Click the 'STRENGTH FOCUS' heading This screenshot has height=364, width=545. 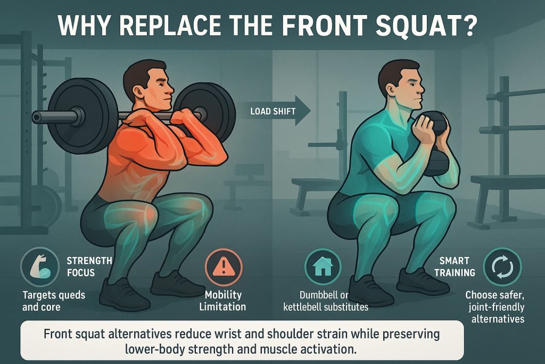89,267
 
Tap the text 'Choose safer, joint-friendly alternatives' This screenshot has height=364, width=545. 494,306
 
